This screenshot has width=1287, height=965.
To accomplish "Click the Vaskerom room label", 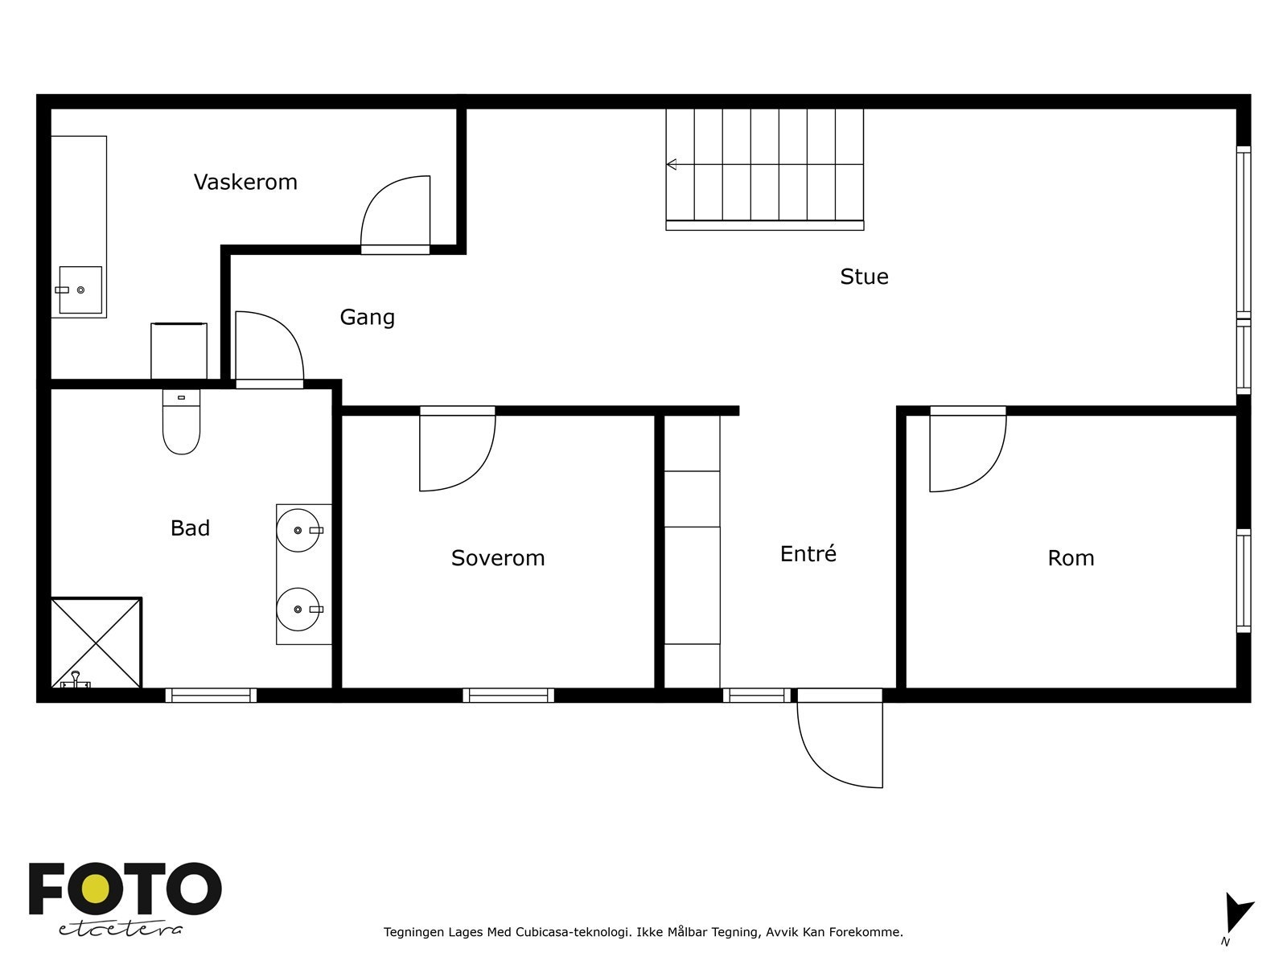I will click(245, 183).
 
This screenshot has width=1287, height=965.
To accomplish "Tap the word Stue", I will click(864, 277).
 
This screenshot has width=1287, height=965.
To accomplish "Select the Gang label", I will click(367, 317).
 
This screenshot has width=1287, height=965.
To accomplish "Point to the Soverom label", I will click(498, 558).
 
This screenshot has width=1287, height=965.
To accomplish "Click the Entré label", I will click(808, 554).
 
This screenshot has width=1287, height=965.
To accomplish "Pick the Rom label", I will click(1071, 558).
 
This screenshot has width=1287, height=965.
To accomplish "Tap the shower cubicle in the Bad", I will click(97, 643).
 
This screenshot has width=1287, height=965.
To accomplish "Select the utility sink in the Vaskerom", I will click(80, 289).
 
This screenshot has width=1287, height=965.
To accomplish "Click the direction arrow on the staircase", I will click(672, 165).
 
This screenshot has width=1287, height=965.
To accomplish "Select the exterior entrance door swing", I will click(841, 744).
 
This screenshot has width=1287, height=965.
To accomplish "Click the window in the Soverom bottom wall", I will click(508, 696).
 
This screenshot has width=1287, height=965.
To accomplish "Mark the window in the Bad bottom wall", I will click(212, 696).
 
